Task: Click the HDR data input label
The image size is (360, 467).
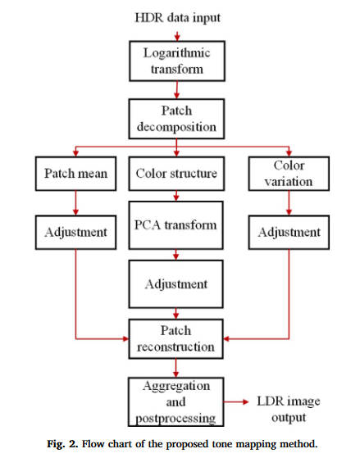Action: [x=178, y=17]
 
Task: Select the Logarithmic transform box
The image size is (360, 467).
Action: [x=177, y=61]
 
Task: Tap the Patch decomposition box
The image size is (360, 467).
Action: [x=177, y=119]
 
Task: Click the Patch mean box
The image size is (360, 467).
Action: [x=75, y=174]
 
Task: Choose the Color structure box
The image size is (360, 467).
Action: [x=177, y=174]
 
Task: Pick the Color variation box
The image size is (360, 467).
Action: [x=289, y=174]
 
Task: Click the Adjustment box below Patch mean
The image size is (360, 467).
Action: [x=75, y=233]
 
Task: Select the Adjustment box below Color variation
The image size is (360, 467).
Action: [x=289, y=233]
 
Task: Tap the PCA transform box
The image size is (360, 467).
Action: [x=175, y=225]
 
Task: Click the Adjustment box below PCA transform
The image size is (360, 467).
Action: [x=175, y=284]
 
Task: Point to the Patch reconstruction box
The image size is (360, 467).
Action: [x=175, y=338]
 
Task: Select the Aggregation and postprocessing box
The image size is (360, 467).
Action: [x=175, y=401]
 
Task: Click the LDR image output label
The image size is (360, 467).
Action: [x=289, y=409]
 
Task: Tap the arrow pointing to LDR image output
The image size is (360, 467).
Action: [x=236, y=402]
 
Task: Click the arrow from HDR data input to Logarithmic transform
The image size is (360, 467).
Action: [x=177, y=36]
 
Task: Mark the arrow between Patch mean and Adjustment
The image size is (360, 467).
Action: [x=75, y=203]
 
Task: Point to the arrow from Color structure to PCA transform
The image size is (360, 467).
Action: [x=176, y=196]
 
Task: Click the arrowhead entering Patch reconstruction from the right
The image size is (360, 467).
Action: [x=226, y=338]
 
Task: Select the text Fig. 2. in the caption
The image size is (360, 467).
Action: [x=62, y=444]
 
